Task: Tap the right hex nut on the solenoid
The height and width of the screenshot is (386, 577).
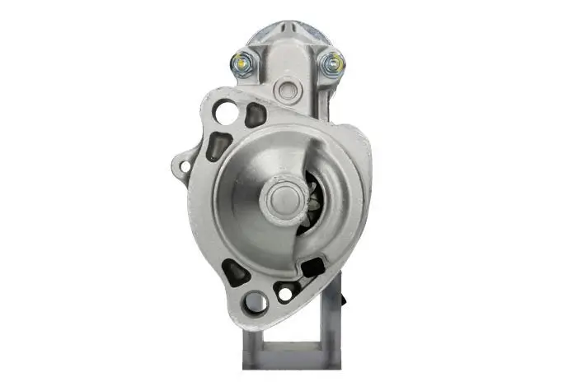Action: click(335, 61)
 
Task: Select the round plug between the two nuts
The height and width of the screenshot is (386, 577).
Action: click(288, 89)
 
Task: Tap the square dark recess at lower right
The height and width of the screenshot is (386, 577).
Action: click(313, 267)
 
